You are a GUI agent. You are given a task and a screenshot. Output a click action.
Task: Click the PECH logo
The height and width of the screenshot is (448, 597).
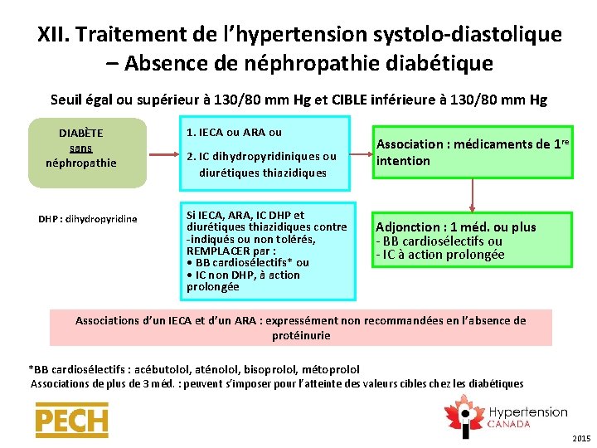click(71, 421)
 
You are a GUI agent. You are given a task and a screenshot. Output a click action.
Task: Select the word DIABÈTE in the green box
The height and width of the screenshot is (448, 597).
click(81, 133)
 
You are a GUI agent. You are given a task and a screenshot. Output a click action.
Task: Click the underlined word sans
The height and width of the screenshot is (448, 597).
click(81, 148)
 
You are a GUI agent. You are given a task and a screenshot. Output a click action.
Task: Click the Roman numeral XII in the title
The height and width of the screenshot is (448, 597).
click(55, 35)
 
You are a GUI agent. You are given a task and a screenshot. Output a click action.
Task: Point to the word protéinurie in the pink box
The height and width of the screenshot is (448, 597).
click(300, 336)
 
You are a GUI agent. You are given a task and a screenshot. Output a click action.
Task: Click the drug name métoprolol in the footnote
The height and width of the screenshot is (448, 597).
click(332, 369)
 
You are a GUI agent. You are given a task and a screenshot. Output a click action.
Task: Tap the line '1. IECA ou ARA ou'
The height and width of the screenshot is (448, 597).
click(235, 133)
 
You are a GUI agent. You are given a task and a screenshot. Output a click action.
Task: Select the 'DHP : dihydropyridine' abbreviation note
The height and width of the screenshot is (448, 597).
click(88, 219)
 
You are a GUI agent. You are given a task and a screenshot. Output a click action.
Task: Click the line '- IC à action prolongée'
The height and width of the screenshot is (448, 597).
click(440, 255)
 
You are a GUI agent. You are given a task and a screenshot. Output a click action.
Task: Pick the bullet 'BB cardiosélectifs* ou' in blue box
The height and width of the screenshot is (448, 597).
click(251, 263)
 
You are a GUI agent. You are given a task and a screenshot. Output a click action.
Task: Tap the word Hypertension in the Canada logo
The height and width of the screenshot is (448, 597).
click(528, 412)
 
